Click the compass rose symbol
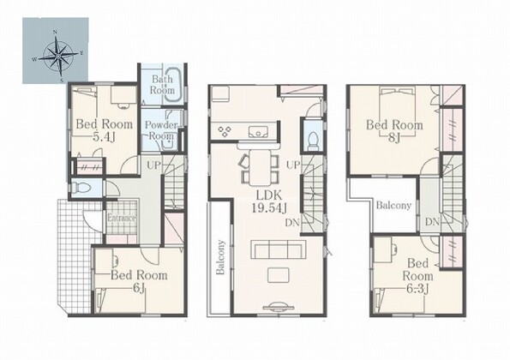point(57,56)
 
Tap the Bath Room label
point(162,85)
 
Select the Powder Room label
point(161,130)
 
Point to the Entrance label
point(122,218)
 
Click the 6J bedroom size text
point(139,288)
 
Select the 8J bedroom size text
point(394,138)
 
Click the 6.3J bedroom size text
point(417,288)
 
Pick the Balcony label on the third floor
point(393,205)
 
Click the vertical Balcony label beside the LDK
point(220,257)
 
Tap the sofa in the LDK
point(278,249)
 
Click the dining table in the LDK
point(260,168)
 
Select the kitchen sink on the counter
point(258,131)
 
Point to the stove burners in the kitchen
point(225,131)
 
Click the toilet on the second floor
point(313,141)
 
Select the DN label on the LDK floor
point(292,223)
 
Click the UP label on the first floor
point(153,165)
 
